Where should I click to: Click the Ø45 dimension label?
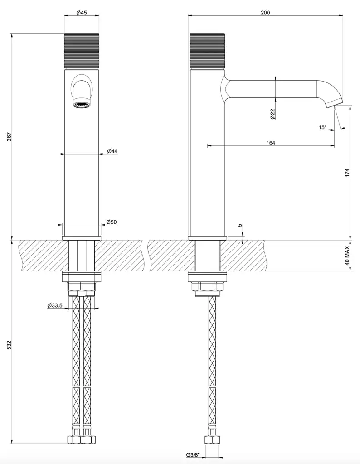point(82,13)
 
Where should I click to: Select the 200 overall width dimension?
point(265,13)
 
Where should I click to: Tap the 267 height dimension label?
point(9,137)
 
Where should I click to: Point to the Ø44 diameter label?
point(112,151)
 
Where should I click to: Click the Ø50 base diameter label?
point(112,222)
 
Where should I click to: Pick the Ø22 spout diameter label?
point(273,114)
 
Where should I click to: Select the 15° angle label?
point(322,127)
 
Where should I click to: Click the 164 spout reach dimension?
point(271,143)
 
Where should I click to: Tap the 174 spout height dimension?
point(347,173)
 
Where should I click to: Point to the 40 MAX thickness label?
point(347,256)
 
